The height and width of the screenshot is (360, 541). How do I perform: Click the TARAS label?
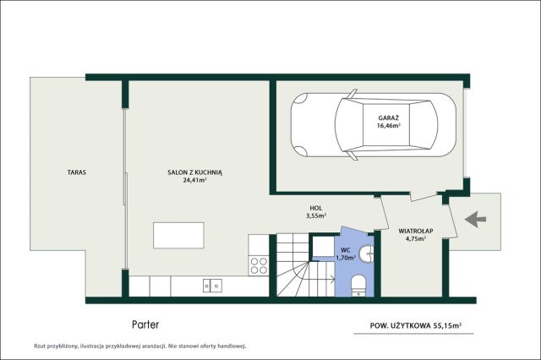coord(77,172)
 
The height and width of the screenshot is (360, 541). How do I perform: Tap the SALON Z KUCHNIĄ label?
coord(195,172)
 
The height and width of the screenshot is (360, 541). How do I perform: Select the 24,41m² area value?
coord(195,180)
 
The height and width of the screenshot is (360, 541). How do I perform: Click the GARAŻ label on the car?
coord(389,118)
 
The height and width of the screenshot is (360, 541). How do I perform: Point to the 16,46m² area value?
coord(389,126)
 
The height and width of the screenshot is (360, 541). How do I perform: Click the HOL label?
coord(316,208)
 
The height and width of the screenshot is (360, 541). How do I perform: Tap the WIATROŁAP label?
coord(415,231)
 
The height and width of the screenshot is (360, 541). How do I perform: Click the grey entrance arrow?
coord(475,220)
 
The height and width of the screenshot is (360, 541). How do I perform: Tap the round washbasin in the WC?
coord(366,254)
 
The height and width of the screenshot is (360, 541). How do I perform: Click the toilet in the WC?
coord(358,286)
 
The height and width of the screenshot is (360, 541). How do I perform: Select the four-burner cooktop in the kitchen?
coord(259,265)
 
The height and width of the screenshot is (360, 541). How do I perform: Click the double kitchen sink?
coord(212,286)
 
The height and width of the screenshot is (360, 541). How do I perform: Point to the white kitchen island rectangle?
coord(178,235)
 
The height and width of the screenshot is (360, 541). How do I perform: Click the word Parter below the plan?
coord(145,325)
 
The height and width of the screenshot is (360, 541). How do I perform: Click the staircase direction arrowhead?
coord(332,279)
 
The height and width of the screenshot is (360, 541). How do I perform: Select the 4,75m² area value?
coord(415,238)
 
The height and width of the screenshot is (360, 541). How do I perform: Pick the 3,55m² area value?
coord(316,215)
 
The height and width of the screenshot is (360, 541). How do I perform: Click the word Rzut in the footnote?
coord(39,346)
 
